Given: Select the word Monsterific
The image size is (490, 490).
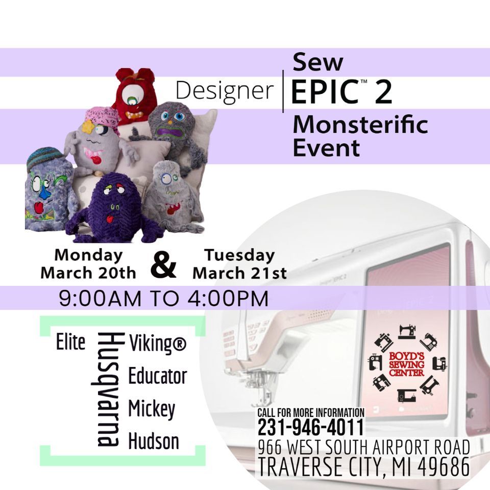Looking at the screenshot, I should tap(360, 125).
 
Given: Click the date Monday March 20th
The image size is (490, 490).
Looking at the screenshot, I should tap(88, 263).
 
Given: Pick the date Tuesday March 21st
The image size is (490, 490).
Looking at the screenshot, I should tap(239, 263).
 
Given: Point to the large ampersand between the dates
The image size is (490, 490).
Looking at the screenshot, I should tap(164, 265).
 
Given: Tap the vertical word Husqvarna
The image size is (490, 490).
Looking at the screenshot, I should tap(108, 389).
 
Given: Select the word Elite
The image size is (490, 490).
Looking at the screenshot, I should tap(71, 343).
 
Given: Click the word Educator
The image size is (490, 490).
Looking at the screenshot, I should tap(157, 376).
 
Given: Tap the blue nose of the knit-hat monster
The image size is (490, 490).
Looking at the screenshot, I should tap(44, 189).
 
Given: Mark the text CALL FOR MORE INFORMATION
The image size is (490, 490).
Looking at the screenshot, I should tap(310, 412).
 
